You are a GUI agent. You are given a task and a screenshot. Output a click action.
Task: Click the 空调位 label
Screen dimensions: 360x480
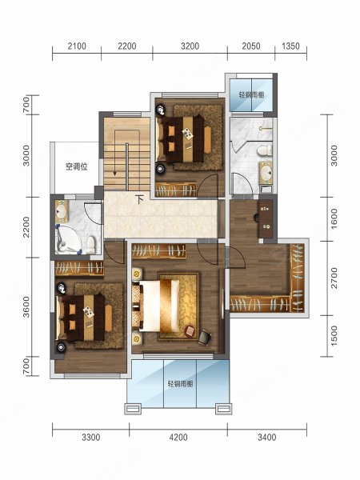(77, 167)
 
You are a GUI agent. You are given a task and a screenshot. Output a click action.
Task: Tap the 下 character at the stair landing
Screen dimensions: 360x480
(139, 200)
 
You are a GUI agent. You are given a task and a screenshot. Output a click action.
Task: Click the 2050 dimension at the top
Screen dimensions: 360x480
(251, 46)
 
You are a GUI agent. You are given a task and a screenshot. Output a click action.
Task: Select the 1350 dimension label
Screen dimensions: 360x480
(290, 46)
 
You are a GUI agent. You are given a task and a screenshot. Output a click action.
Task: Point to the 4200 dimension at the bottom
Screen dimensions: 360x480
(178, 437)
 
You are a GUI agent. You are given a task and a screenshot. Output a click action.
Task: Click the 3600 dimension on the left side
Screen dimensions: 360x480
(27, 306)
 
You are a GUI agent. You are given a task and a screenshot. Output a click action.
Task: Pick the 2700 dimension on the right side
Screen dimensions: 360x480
(334, 278)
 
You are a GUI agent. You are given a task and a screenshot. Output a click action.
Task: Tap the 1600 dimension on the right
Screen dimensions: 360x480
(334, 218)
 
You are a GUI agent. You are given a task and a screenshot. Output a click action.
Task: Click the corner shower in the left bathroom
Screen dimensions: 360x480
(68, 239)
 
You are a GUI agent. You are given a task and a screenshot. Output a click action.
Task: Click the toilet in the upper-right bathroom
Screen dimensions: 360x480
(265, 150)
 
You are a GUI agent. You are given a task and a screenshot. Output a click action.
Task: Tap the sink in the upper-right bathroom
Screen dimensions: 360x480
(266, 173)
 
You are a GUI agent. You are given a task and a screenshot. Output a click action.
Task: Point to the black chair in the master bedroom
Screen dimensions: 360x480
(205, 337)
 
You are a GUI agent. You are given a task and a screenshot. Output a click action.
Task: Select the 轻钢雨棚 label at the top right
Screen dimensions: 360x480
(251, 95)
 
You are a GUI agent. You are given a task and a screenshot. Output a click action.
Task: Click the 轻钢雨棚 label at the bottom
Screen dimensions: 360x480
(180, 383)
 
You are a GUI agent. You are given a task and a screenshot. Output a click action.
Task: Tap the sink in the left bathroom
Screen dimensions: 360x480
(62, 211)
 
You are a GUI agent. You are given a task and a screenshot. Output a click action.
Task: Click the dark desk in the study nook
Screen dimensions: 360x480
(265, 218)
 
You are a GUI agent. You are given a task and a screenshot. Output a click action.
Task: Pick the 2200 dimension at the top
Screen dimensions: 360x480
(127, 46)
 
